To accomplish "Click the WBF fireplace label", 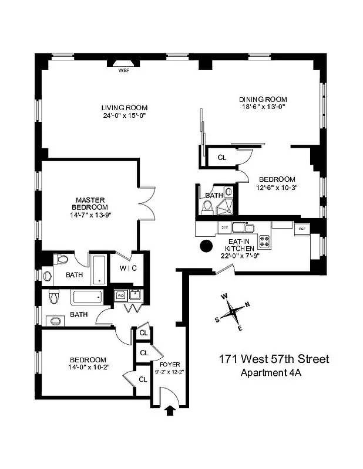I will (123, 70).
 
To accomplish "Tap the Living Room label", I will (124, 108).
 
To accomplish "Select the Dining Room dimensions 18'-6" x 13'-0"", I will (263, 107).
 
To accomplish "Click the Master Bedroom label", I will (90, 203).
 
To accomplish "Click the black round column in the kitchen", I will (206, 246).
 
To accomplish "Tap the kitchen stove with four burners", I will (264, 240).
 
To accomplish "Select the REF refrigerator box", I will (302, 228).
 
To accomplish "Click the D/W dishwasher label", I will (224, 226).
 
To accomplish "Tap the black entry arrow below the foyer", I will (171, 410).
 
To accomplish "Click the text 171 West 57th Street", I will (274, 359).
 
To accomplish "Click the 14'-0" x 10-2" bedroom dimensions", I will (88, 368).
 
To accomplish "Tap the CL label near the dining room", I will (221, 157).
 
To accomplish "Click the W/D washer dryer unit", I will (120, 295).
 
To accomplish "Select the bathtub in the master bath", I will (99, 270).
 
